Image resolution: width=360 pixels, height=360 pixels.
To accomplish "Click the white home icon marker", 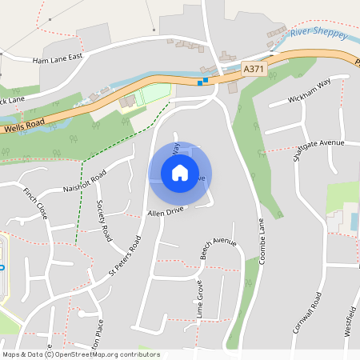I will tap(179, 172).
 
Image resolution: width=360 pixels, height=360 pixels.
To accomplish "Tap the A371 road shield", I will tap(254, 70).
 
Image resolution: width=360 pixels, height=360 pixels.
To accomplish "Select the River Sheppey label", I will tap(318, 34).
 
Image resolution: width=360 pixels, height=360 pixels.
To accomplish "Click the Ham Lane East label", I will tap(58, 59).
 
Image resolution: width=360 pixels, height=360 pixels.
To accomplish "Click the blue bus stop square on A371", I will tap(206, 79).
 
